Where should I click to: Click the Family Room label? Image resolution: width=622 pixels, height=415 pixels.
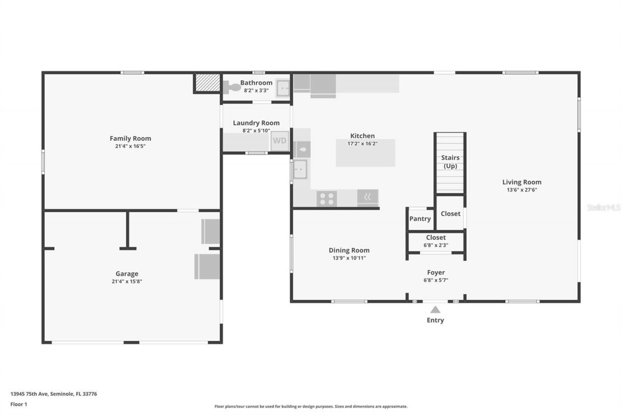click(130, 139)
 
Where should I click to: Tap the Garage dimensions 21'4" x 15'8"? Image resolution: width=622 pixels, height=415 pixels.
click(126, 281)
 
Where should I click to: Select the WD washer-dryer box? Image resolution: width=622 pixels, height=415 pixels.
click(279, 141)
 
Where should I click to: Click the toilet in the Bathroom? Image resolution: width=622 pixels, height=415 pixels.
click(233, 88)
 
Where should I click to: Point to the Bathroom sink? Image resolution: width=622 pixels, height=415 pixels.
click(283, 88)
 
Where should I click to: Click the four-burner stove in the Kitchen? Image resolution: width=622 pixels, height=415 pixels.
click(327, 198)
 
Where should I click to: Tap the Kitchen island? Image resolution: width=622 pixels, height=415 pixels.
click(365, 153)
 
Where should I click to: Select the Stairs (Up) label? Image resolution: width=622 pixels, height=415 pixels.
click(450, 162)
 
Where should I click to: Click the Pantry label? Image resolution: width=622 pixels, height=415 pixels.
click(420, 219)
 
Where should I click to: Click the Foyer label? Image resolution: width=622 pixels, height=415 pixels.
click(436, 272)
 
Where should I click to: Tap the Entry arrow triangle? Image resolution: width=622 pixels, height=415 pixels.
click(435, 309)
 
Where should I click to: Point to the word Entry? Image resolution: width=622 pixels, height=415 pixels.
click(435, 320)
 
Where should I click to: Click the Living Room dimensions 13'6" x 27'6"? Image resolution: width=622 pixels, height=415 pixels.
click(522, 190)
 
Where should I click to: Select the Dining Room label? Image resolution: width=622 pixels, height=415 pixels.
click(349, 251)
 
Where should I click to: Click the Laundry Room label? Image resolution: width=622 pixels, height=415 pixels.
click(256, 123)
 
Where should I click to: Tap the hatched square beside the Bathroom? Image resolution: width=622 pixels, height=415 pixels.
click(207, 83)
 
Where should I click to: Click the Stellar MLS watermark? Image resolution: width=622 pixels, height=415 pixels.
click(604, 207)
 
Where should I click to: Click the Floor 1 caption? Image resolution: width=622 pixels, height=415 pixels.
click(19, 404)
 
